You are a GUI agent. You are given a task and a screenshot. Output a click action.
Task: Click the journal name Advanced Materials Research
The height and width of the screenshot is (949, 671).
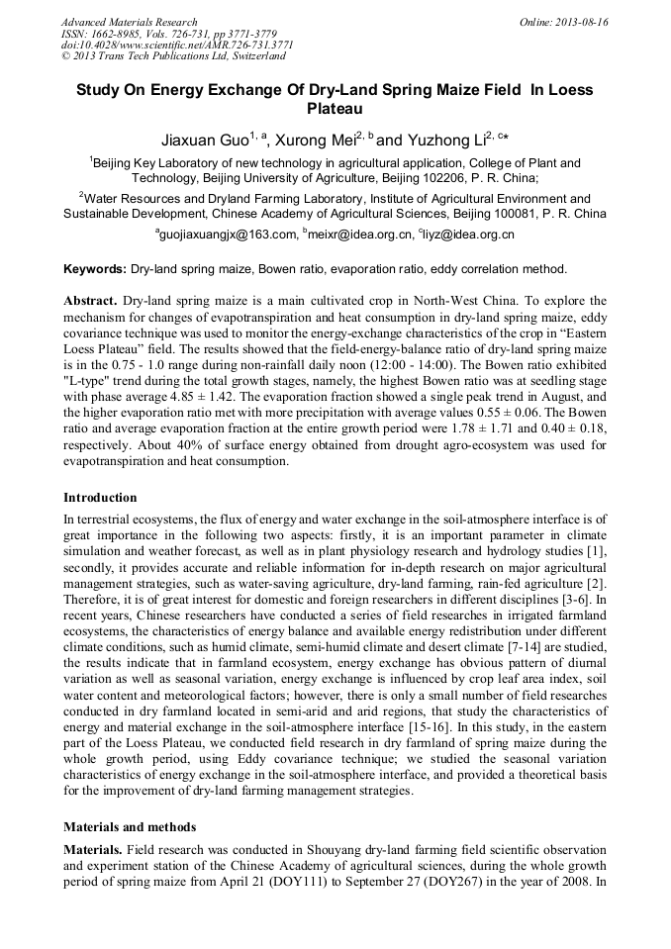click(130, 22)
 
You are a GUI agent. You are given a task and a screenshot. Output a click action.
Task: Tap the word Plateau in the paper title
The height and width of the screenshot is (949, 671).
click(335, 108)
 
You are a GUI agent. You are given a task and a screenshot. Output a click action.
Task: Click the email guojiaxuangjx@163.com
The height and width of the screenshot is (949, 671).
click(231, 235)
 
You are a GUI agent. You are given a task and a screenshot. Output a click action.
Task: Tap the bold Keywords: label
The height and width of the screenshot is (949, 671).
click(95, 269)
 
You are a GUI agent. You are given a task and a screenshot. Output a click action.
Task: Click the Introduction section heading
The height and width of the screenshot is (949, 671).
click(100, 497)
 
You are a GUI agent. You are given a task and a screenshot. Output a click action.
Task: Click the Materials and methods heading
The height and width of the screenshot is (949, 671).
click(130, 826)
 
